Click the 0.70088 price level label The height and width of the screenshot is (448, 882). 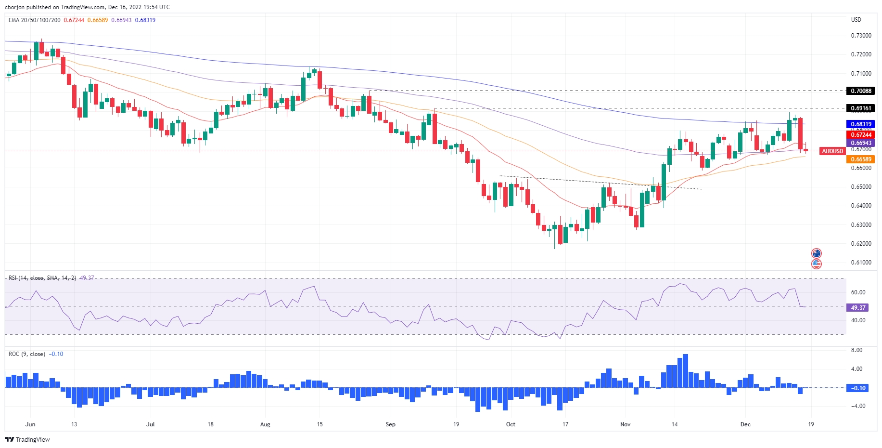click(x=861, y=91)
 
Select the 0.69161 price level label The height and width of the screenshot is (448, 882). click(x=861, y=108)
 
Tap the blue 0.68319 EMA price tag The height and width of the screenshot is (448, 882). click(x=861, y=124)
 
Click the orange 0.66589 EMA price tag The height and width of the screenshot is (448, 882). click(x=861, y=159)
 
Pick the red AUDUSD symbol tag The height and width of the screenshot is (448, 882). click(x=832, y=151)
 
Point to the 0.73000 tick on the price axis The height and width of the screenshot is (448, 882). click(x=861, y=36)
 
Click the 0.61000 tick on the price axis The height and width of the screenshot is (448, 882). click(x=861, y=263)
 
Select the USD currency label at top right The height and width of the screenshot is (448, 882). click(x=856, y=20)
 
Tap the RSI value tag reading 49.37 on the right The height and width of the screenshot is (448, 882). click(x=858, y=307)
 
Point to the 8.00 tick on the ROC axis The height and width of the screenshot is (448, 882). click(x=856, y=350)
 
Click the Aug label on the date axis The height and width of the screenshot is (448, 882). click(x=265, y=424)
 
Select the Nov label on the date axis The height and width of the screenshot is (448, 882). click(x=625, y=424)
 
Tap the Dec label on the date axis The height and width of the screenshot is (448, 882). click(x=745, y=424)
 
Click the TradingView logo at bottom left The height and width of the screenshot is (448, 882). click(x=27, y=439)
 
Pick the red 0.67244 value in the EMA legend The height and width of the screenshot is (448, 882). click(x=74, y=20)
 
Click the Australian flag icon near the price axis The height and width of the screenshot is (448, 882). click(x=816, y=253)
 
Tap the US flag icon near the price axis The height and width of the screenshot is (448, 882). click(x=816, y=264)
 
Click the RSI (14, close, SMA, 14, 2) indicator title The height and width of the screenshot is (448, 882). click(x=42, y=278)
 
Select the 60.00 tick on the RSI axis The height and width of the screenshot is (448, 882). click(x=858, y=292)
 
